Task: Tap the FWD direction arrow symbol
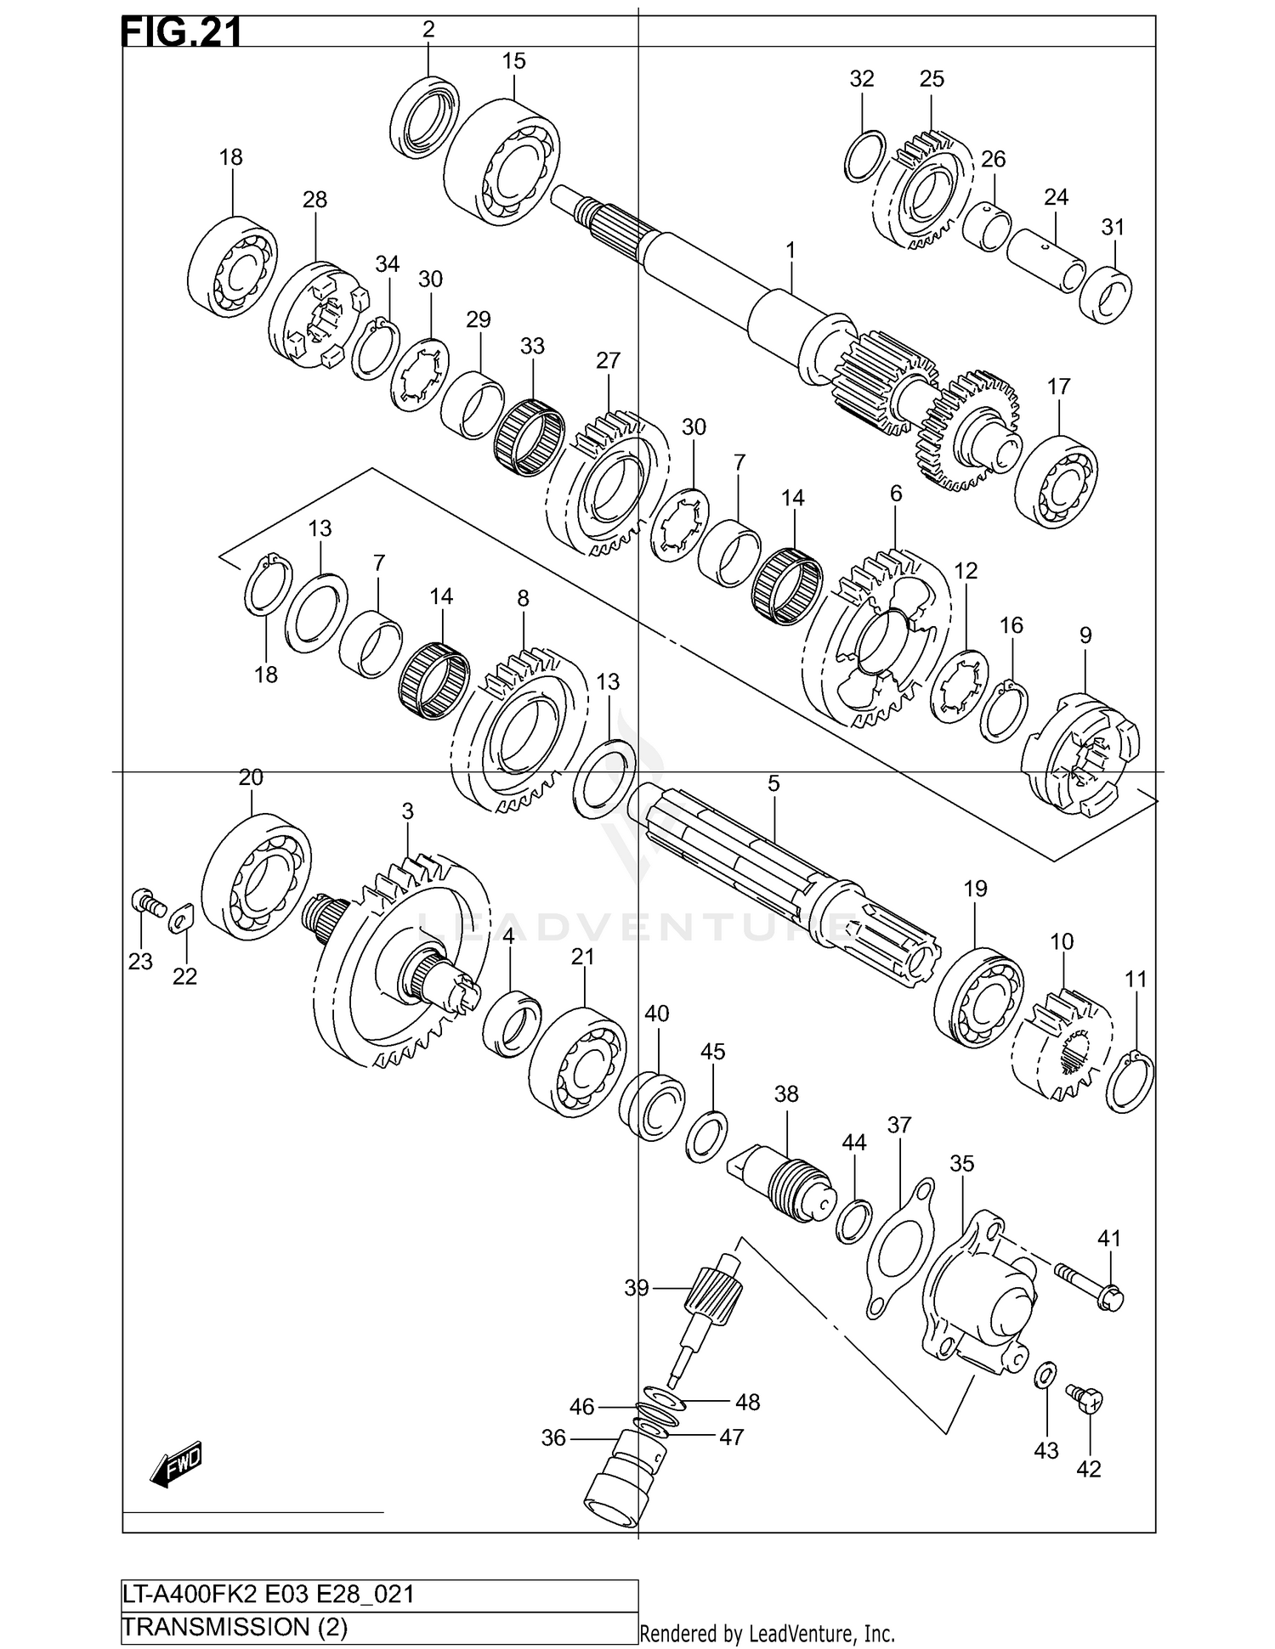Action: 178,1463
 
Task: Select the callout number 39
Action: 637,1289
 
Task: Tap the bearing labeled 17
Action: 1057,480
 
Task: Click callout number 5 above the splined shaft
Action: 773,783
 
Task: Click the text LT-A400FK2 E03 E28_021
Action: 269,1594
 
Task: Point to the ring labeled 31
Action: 1106,296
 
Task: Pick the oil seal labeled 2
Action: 424,117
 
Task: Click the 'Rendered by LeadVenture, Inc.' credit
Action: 767,1633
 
